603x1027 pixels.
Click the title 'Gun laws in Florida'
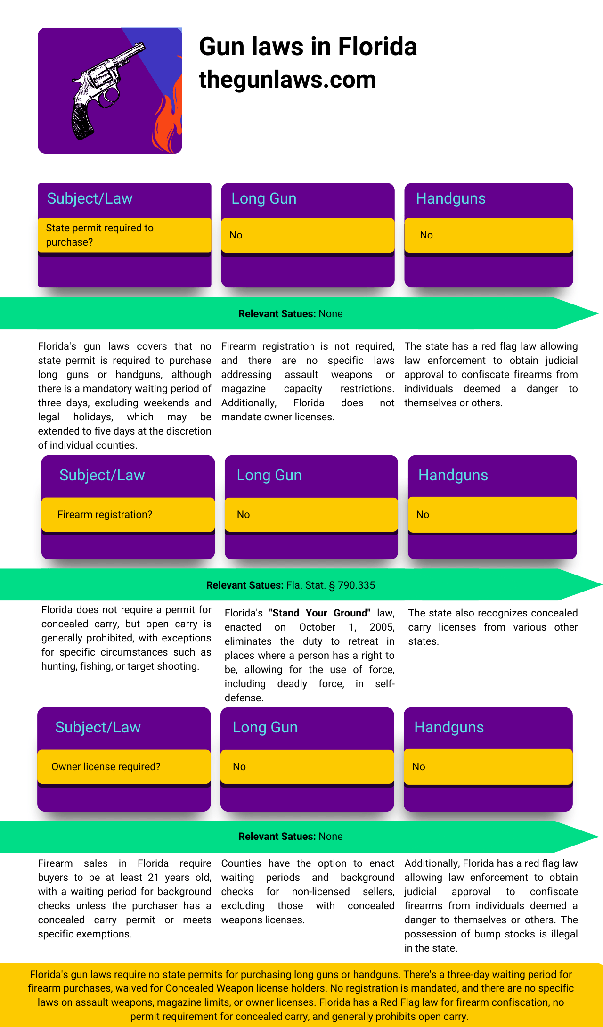pos(308,47)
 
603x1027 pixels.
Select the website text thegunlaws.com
pos(287,80)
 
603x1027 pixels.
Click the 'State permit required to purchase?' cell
pos(124,235)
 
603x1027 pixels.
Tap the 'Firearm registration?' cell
pos(128,514)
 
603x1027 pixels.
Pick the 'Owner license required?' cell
pos(124,766)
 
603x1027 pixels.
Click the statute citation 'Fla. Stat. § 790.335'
pos(331,585)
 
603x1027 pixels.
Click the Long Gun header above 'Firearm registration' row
pos(269,475)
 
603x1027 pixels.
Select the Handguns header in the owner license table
pos(449,727)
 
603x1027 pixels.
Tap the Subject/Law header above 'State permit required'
pos(90,198)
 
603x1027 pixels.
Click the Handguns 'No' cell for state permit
pos(489,235)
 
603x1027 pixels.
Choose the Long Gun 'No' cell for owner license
pos(307,766)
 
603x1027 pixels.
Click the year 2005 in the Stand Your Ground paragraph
pos(382,627)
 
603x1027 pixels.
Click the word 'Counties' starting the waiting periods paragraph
pos(241,863)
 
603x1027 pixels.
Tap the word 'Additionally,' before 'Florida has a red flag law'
pos(432,863)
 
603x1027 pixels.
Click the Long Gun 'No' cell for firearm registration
pos(311,514)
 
